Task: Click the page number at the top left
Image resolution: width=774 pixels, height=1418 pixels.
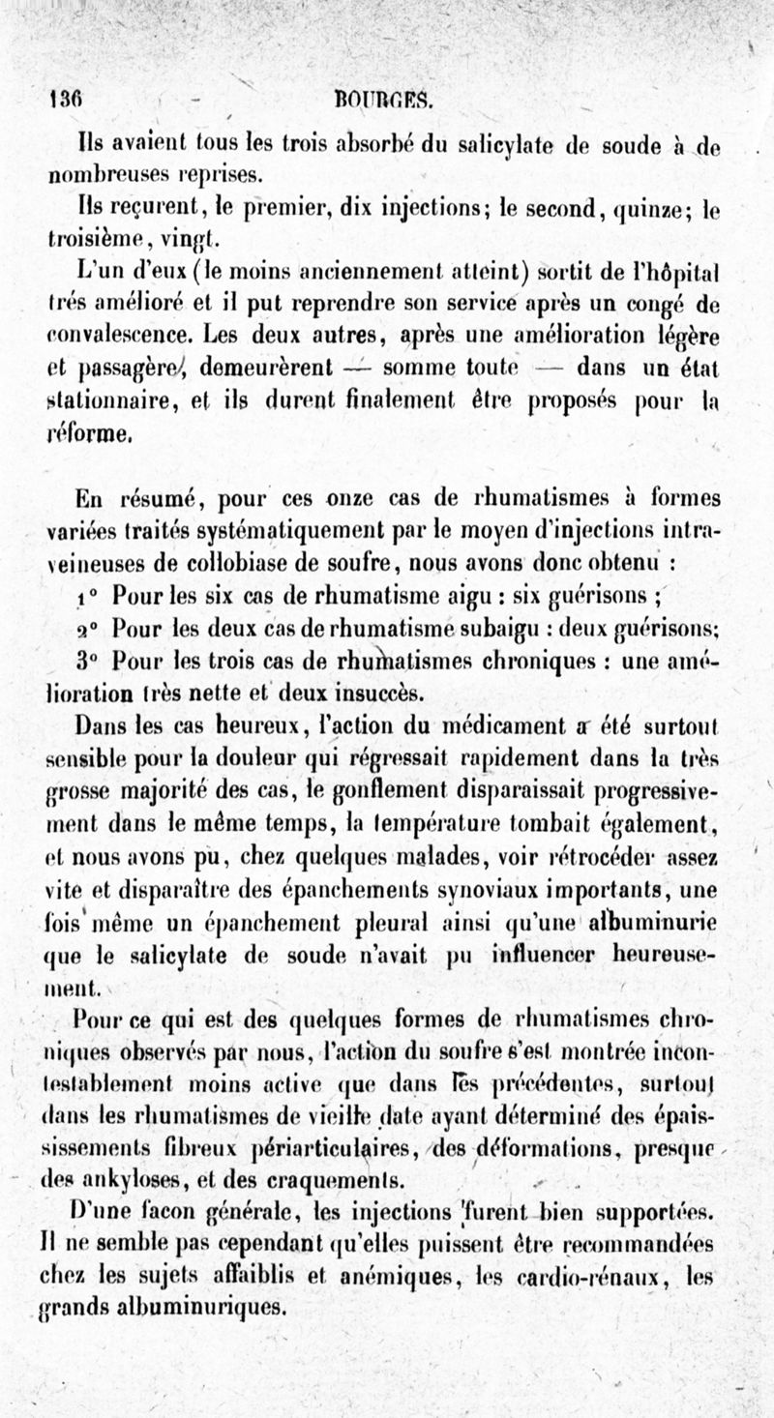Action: (x=66, y=100)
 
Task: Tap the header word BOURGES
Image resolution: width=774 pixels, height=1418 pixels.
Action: (x=383, y=100)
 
